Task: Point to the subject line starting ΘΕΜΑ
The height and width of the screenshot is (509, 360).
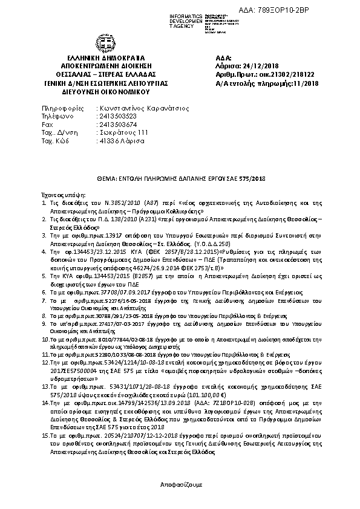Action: (180, 179)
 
